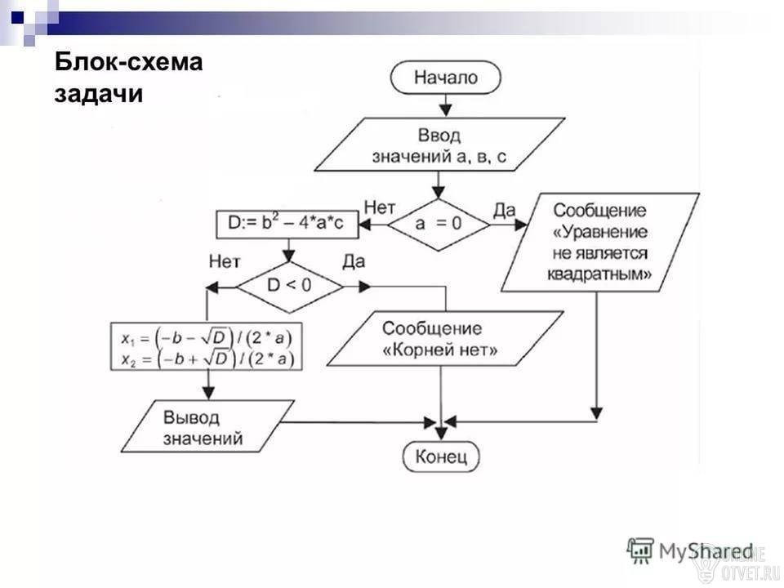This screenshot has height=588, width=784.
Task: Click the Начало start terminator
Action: point(445,78)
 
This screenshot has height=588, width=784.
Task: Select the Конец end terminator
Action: point(441,456)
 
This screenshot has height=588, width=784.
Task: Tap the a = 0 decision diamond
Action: point(439,225)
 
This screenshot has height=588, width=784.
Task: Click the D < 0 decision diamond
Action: point(289,287)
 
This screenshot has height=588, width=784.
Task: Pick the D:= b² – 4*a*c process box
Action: point(287,225)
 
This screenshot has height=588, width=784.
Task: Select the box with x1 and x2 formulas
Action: point(207,346)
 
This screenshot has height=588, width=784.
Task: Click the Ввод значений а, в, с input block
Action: point(439,145)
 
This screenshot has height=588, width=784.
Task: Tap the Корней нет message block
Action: point(445,338)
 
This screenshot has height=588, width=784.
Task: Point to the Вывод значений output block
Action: point(207,426)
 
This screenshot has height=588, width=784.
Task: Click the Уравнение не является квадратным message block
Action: point(600,243)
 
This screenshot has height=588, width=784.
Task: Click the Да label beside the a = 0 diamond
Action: point(504,211)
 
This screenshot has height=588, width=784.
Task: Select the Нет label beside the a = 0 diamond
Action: point(380,207)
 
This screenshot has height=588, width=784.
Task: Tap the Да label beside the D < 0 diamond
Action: point(354,261)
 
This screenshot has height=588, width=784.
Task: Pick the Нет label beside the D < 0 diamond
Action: point(225,261)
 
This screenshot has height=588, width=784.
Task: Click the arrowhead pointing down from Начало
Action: point(445,110)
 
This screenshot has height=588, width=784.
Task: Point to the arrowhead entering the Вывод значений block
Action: point(208,393)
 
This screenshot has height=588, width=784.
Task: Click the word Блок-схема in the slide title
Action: point(128,62)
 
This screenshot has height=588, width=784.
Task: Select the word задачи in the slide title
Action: point(99,94)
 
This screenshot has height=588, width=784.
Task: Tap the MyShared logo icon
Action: point(640,550)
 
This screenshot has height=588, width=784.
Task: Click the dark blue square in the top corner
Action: point(17,18)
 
